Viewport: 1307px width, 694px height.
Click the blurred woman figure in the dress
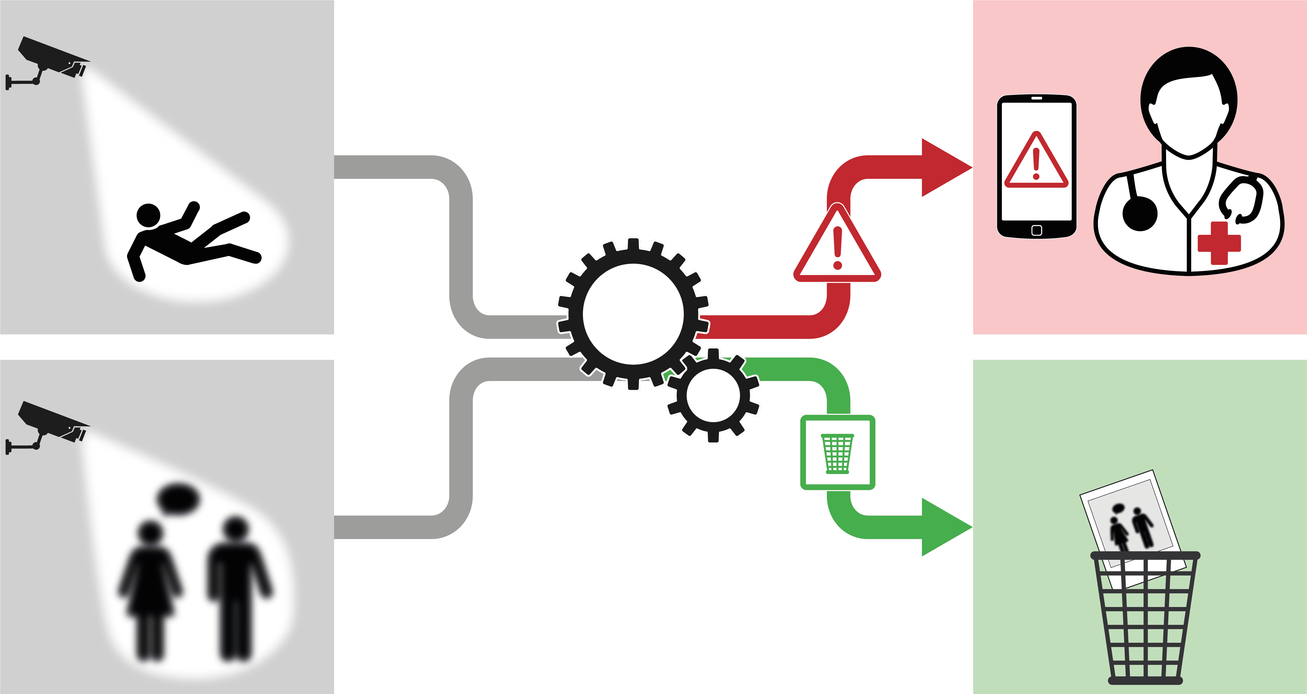[x=150, y=584]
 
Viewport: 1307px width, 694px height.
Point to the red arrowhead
[x=945, y=167]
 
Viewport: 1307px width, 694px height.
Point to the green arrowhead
[x=945, y=527]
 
